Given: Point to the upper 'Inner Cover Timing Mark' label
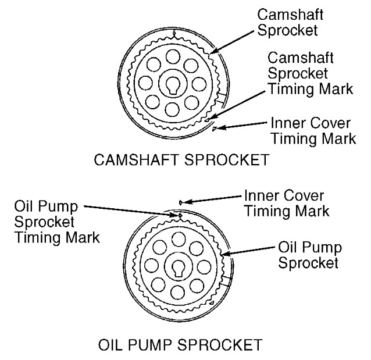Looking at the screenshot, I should [x=312, y=131].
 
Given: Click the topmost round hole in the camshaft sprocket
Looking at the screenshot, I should [x=173, y=56].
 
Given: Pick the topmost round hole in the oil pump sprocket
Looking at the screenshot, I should [x=180, y=239].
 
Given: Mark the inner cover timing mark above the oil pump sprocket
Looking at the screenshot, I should [x=181, y=202].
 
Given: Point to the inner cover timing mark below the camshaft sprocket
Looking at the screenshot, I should [x=214, y=129].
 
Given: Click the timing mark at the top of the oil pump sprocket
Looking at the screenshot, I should [x=180, y=215].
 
